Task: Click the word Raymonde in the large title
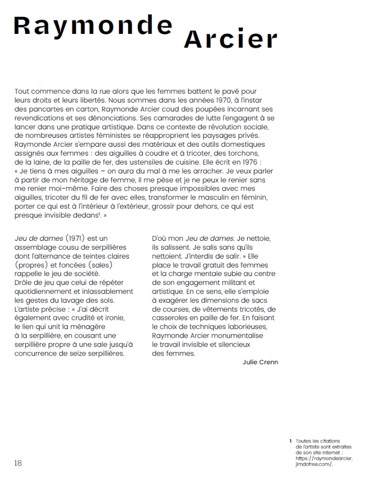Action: [x=93, y=26]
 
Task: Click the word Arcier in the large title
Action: [x=230, y=40]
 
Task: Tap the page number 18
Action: [x=18, y=463]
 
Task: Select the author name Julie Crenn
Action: [x=260, y=362]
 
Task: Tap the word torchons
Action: [x=245, y=153]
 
